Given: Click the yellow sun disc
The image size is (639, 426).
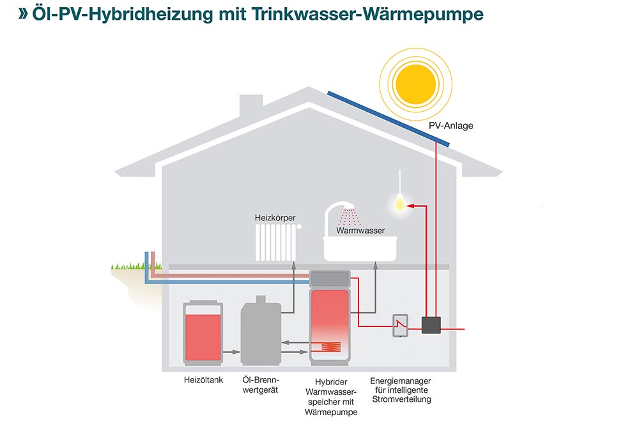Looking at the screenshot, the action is coord(416,84).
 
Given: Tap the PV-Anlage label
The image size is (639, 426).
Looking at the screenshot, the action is coord(450,126).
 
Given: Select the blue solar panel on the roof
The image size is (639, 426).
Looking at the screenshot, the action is coord(389,119).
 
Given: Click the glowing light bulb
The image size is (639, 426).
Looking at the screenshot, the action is coord(400,202).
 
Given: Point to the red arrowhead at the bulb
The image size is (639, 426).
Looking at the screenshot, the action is coord(410,206).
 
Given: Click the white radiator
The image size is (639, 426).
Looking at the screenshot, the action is coord(278,243).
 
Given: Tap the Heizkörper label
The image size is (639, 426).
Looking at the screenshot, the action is coord(275,218).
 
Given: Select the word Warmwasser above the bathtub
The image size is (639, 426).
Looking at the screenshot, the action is coord(360,231).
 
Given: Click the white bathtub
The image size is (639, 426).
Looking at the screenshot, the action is coord(360,248).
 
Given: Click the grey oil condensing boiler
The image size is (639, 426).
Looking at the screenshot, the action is coord(261,331).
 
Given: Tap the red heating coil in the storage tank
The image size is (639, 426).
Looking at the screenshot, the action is coord(331,347).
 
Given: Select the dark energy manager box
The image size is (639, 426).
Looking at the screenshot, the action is coord(431,325).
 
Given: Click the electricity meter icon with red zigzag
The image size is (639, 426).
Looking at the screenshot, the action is coord(400,325).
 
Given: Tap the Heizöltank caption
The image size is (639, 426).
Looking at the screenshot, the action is coord(203,380).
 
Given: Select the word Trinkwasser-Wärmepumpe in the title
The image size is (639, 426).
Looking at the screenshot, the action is coord(367,14).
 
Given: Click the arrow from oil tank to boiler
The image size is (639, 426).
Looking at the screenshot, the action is coord(231,352).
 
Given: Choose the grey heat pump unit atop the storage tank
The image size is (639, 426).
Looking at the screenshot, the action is coord(330,279).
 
